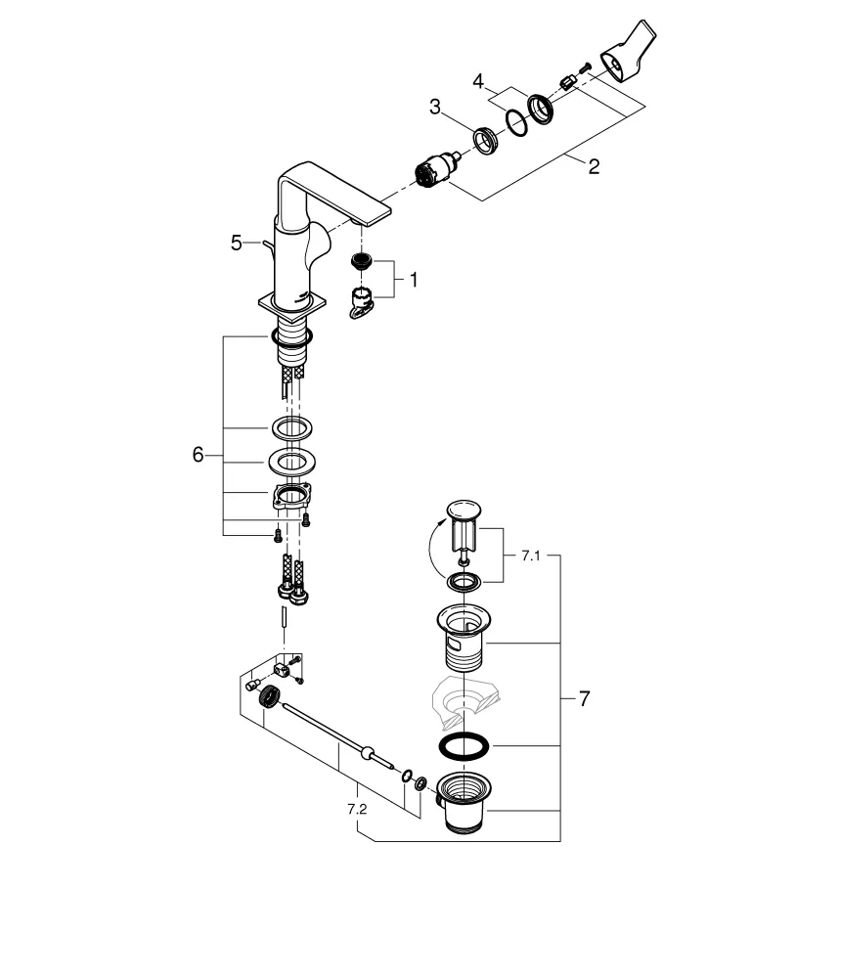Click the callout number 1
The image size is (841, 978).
[x=413, y=280]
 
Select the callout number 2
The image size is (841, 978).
[x=594, y=166]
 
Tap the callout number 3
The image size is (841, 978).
[x=435, y=106]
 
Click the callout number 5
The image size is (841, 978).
[x=236, y=243]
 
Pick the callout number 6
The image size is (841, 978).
[x=199, y=455]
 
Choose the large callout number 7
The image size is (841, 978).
[x=584, y=698]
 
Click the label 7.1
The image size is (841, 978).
[x=530, y=555]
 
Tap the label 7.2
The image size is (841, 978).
[x=357, y=810]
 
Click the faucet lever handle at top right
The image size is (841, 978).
[x=625, y=54]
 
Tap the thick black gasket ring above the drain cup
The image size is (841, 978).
[x=463, y=746]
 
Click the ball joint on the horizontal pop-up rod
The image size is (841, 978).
[x=368, y=753]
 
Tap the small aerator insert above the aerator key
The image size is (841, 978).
[x=363, y=261]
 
